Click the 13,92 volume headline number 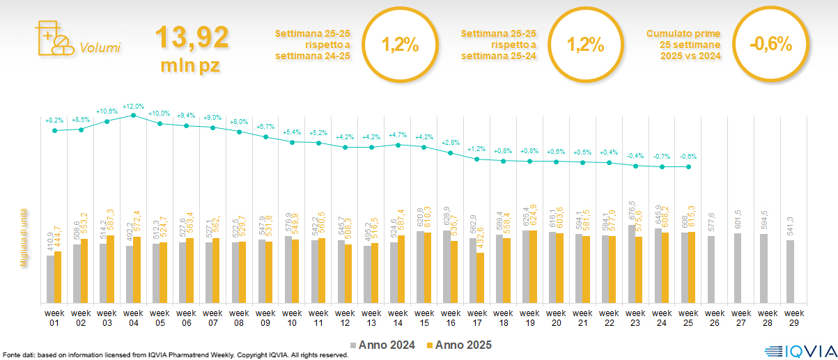coord(192,38)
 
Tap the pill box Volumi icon coord(53,37)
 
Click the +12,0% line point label coord(133,107)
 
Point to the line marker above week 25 coord(688,166)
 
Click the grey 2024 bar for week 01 coord(50,279)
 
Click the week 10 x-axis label coord(292,318)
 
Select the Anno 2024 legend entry coord(385,345)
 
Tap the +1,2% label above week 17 coord(476,149)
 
